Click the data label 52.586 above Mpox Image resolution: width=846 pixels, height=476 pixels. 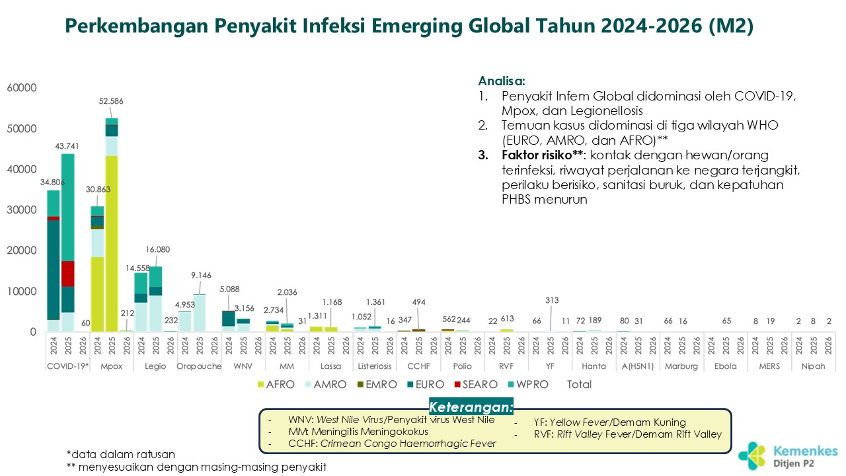112,101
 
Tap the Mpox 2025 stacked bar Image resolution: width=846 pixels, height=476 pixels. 112,225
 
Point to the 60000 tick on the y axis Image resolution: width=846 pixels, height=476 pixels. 22,88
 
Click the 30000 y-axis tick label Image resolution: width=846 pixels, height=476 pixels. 22,210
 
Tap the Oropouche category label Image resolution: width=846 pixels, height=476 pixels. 199,366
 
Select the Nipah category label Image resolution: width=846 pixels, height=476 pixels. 814,366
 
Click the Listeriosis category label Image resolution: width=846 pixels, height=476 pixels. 374,366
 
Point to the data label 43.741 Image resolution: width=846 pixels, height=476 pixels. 68,146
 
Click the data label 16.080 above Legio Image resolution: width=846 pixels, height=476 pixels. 156,250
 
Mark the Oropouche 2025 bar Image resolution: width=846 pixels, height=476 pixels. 200,313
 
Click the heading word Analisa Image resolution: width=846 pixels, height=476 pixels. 502,81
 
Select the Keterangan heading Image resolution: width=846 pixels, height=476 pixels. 471,406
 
